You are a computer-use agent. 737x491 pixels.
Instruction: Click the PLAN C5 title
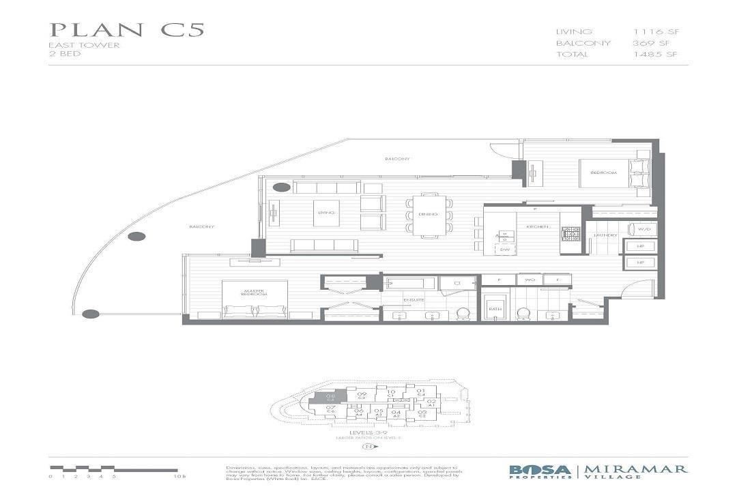click(x=127, y=31)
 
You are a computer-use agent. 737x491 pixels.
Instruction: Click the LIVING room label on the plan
click(x=326, y=213)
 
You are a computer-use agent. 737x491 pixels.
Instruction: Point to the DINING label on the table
click(x=429, y=215)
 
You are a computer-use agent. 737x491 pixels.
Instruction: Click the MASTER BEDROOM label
click(x=253, y=293)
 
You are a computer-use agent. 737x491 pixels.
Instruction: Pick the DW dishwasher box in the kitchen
click(x=505, y=250)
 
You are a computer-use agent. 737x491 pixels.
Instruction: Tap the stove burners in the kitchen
click(x=570, y=234)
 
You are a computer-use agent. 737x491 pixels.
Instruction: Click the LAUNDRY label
click(x=605, y=235)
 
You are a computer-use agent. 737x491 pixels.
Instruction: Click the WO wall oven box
click(x=529, y=280)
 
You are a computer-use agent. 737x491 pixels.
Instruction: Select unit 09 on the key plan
click(x=362, y=395)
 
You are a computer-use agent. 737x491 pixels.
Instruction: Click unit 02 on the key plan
click(x=422, y=403)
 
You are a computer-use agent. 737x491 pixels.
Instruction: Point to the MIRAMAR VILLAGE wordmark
click(x=637, y=471)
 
